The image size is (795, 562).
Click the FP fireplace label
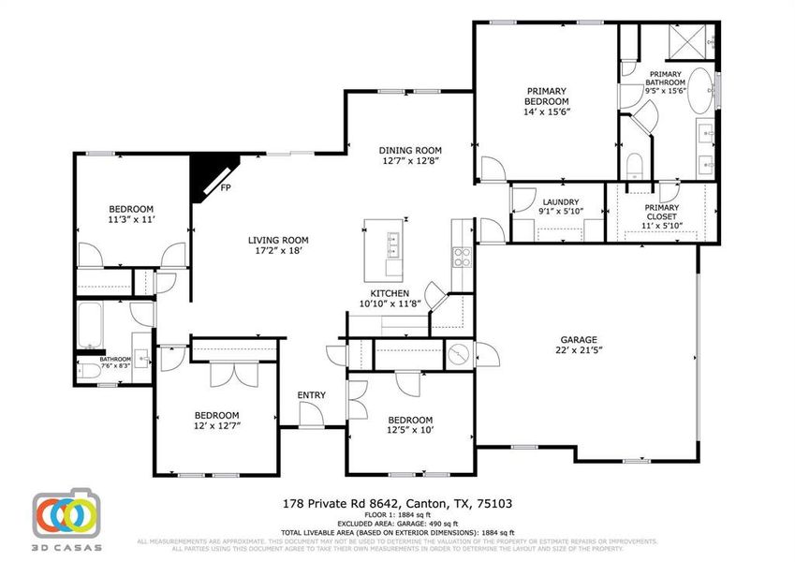(226, 188)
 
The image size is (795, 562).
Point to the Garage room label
(579, 340)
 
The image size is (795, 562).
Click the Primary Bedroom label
(547, 96)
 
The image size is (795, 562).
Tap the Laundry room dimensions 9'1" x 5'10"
(560, 213)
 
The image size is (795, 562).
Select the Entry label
(311, 395)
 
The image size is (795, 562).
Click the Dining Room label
(410, 150)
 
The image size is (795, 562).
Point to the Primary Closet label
(661, 213)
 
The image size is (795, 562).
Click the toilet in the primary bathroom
(633, 166)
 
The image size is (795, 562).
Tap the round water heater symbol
(459, 353)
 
